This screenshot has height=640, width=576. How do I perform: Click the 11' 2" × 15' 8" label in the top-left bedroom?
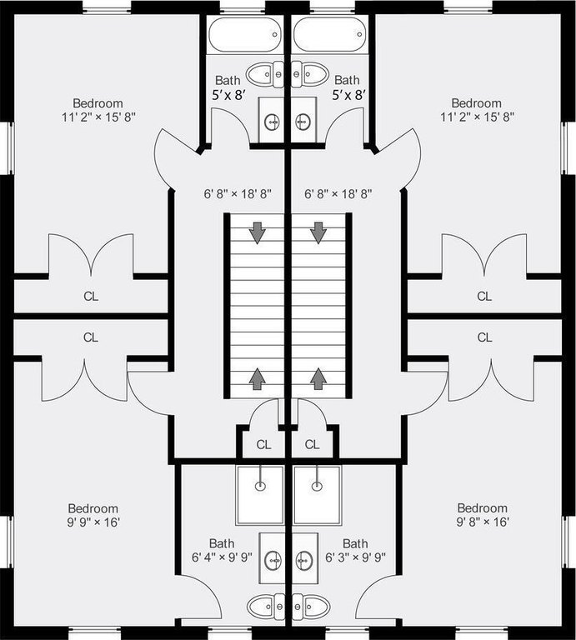point(98,117)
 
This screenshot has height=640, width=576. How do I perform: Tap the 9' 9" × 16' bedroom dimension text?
point(93,522)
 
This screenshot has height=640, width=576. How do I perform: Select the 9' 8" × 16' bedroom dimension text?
point(483,522)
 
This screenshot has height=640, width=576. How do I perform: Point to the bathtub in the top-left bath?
point(245,35)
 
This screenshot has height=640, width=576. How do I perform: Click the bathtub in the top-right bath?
point(329,35)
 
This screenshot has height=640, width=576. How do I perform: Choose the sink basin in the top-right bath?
point(303,121)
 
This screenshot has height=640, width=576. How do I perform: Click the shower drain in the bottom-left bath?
point(260,486)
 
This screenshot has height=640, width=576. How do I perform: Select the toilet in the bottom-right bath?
point(311,607)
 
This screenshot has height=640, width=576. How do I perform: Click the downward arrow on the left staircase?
point(258,233)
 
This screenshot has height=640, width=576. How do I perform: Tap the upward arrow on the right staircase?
point(318,378)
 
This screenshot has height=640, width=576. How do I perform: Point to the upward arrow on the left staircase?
point(258,378)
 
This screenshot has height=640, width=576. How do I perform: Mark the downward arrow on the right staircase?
point(318,233)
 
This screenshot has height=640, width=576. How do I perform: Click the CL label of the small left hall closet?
point(263,444)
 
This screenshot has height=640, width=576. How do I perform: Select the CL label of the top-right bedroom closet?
point(484,296)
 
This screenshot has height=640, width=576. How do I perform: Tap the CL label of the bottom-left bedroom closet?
point(91,337)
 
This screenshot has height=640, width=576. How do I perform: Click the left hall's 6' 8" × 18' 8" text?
point(238,194)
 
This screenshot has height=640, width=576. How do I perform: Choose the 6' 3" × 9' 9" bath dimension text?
point(356,557)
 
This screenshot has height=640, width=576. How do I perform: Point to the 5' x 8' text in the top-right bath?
point(348,96)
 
